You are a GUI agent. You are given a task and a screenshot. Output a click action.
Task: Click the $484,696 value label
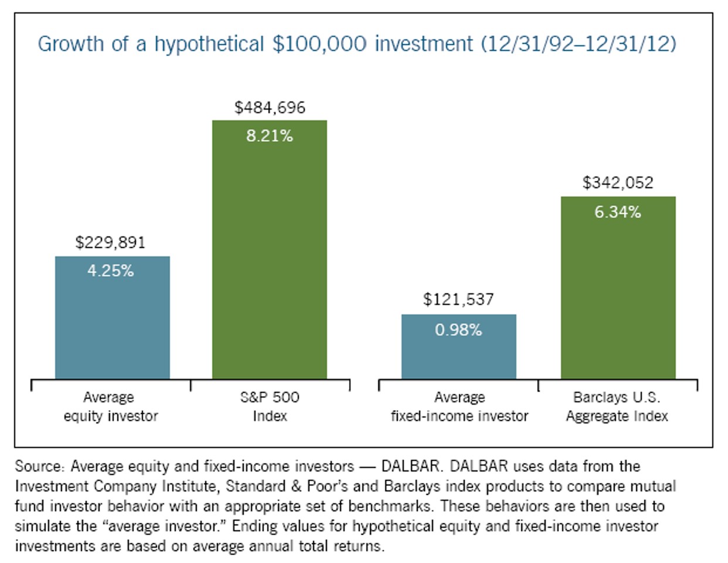(x=270, y=107)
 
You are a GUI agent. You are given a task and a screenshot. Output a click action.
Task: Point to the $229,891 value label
(x=110, y=242)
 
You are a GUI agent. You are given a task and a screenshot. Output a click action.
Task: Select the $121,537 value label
(x=458, y=300)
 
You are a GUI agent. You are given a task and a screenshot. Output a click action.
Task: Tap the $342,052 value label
(x=618, y=183)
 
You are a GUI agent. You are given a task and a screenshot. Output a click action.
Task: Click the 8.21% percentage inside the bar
(x=269, y=136)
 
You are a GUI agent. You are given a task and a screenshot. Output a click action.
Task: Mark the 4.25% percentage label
(x=110, y=271)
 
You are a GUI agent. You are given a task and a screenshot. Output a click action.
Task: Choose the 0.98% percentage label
(x=458, y=330)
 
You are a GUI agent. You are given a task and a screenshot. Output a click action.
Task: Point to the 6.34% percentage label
(x=618, y=212)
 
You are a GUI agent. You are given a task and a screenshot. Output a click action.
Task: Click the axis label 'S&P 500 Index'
(x=270, y=406)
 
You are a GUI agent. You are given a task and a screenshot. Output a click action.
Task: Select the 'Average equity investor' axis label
(x=110, y=406)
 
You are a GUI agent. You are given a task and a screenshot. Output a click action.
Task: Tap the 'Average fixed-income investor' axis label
(x=459, y=406)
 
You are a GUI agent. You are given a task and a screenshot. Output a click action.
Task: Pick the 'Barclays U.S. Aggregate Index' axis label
(x=617, y=406)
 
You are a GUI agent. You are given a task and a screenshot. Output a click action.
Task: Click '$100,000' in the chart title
(x=319, y=44)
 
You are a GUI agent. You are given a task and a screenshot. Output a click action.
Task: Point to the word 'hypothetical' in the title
(x=209, y=45)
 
